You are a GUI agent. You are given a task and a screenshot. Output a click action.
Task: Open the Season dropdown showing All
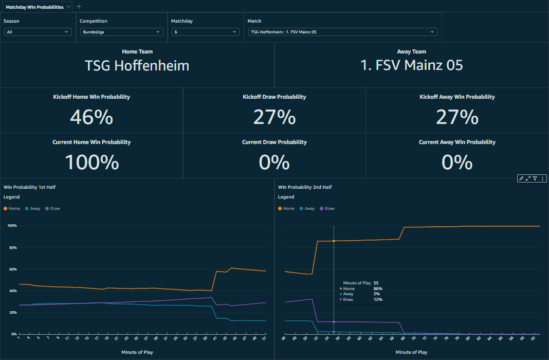37,32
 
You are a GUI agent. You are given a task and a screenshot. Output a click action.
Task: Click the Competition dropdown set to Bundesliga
121,32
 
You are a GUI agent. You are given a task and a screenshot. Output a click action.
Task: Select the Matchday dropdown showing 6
205,32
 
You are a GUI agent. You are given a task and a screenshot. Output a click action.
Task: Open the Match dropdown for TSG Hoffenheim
342,32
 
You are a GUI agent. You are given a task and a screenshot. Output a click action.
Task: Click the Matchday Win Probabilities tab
34,7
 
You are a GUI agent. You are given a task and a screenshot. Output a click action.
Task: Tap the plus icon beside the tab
79,7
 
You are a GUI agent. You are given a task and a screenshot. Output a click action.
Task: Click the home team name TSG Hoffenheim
137,66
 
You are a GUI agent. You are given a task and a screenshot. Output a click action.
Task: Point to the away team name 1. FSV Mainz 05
412,65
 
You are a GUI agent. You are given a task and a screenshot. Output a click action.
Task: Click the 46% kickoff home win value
91,117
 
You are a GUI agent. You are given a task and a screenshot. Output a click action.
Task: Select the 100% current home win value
91,162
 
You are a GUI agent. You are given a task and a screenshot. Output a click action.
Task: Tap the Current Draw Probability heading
274,142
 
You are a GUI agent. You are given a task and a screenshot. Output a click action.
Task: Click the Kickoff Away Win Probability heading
457,97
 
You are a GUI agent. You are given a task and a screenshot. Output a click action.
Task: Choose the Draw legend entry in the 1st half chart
53,208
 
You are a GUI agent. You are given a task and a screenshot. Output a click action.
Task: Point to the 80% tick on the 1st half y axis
12,247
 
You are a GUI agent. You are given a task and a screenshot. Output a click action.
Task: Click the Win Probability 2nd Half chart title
305,187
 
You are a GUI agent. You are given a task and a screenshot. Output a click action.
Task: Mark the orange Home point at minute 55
334,241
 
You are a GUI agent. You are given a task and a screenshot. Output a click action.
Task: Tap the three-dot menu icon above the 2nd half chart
543,178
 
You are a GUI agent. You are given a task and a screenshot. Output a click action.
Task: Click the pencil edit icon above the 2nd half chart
521,178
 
